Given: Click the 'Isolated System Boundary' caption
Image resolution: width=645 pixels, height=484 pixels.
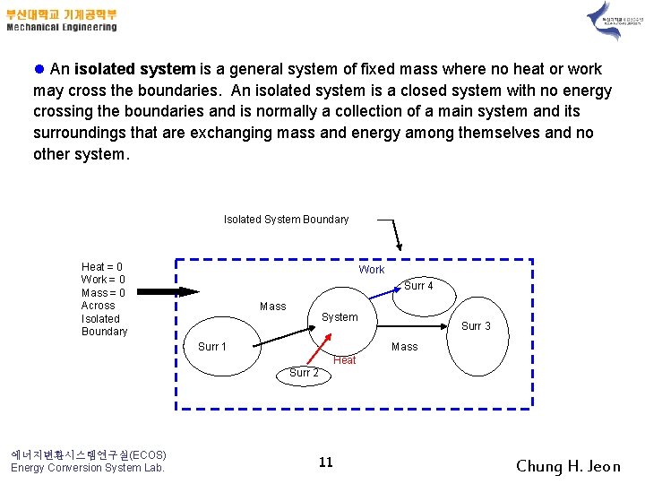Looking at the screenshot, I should (286, 220).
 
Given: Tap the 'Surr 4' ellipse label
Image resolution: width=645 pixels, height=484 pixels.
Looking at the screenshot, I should (418, 286).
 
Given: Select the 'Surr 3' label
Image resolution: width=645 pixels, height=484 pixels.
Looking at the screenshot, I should (476, 326).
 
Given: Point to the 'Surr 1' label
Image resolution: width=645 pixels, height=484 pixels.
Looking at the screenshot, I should (212, 347).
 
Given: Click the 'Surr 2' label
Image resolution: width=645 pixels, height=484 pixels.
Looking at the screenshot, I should (304, 372).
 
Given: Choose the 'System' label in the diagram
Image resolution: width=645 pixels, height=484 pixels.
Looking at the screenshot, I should (340, 317).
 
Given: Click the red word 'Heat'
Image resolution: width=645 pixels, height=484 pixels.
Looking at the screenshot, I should (345, 360).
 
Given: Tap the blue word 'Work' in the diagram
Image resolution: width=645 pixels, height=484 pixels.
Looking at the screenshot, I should (372, 270).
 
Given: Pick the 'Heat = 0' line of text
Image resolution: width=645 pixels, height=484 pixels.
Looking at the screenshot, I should (102, 267).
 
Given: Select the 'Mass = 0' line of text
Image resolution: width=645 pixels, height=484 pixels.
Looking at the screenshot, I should (103, 293).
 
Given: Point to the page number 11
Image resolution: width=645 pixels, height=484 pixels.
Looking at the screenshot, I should (326, 462).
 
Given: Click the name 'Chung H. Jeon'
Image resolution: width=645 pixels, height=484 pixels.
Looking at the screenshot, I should (568, 466).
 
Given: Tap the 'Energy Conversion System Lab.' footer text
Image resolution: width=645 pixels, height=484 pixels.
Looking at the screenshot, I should (88, 468).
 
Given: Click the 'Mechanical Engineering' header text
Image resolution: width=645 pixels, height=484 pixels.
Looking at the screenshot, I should (62, 27).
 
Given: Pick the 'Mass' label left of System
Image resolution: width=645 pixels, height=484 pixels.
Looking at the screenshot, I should (272, 307).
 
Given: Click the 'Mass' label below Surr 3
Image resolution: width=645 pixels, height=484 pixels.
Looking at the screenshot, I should (405, 347).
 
